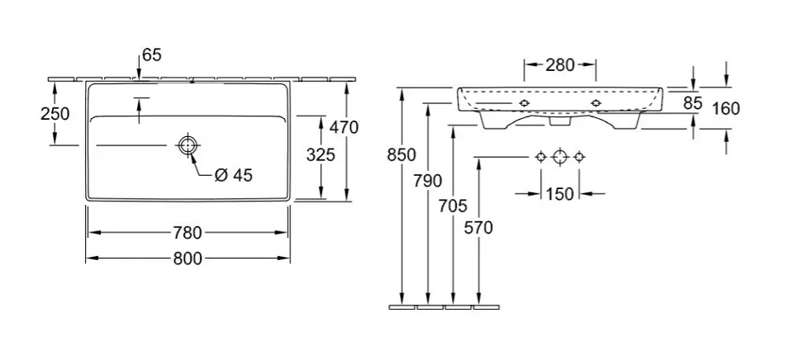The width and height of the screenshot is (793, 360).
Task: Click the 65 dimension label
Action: pyautogui.click(x=152, y=54)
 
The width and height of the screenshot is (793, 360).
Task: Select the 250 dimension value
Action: pyautogui.click(x=55, y=113)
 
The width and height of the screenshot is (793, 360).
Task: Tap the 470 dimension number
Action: pyautogui.click(x=343, y=127)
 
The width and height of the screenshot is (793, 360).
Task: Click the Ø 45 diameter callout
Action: pyautogui.click(x=233, y=175)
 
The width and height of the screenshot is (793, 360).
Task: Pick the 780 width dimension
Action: pyautogui.click(x=188, y=231)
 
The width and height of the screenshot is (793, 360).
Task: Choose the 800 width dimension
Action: pyautogui.click(x=188, y=258)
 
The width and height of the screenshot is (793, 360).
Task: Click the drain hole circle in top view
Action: pyautogui.click(x=188, y=145)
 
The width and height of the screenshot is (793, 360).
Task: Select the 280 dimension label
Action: pyautogui.click(x=560, y=65)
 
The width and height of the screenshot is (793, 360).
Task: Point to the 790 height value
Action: pyautogui.click(x=427, y=181)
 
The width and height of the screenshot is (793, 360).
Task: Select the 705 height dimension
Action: pyautogui.click(x=453, y=204)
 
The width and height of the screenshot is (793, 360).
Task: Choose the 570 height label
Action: pyautogui.click(x=479, y=228)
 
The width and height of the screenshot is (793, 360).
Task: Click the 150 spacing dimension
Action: pyautogui.click(x=560, y=194)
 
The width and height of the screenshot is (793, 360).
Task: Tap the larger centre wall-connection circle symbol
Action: pyautogui.click(x=560, y=156)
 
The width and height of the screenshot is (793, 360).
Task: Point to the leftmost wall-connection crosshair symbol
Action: pyautogui.click(x=540, y=156)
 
